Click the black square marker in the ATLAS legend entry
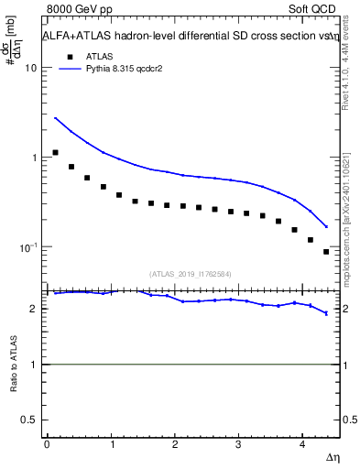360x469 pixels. (66, 56)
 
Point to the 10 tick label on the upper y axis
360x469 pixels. (30, 68)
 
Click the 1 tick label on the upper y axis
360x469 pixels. (34, 158)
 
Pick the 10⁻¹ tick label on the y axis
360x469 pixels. (28, 246)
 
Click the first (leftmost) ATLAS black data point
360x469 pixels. (56, 153)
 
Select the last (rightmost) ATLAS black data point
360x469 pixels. (326, 252)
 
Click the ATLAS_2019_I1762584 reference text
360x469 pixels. (191, 273)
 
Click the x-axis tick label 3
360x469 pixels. (238, 444)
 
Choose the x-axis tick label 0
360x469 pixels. (47, 444)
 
